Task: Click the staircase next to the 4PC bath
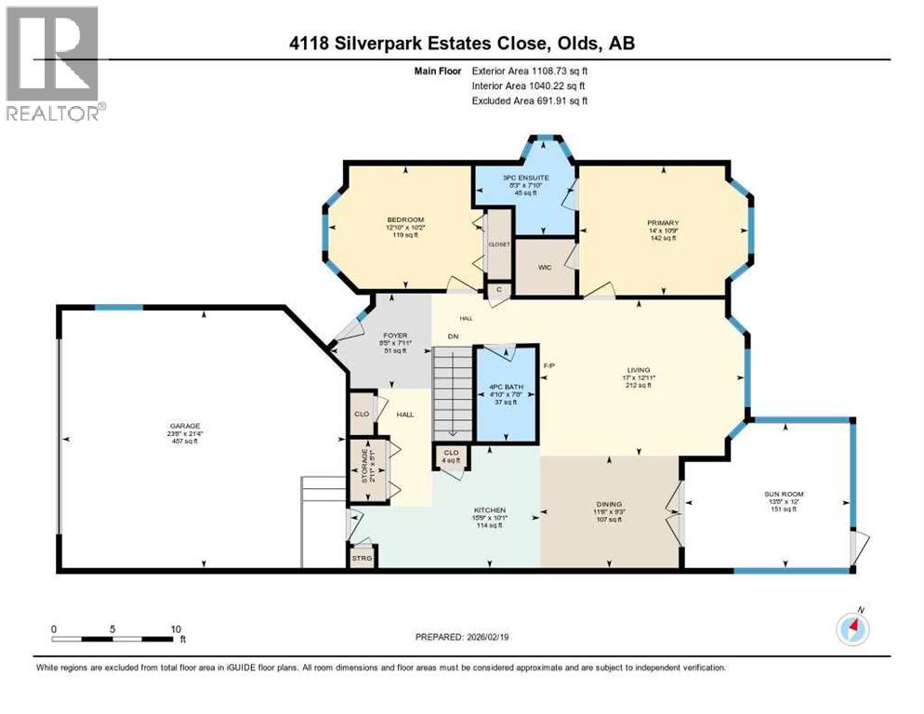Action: tap(454, 390)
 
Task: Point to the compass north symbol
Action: tap(851, 629)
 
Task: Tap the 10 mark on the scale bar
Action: tap(176, 628)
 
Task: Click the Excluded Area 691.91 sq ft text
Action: tap(530, 100)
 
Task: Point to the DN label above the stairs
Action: tap(453, 337)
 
